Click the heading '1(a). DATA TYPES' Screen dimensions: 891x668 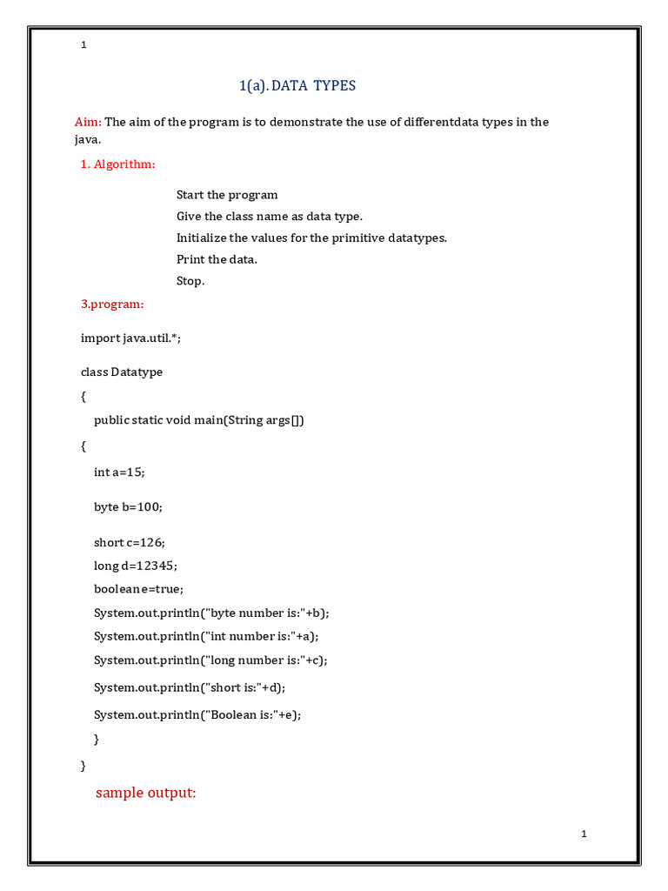coord(297,85)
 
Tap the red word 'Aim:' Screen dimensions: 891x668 coord(88,122)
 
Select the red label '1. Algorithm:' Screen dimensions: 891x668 coord(118,164)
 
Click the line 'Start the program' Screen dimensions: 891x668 coord(227,195)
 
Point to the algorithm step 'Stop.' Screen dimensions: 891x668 coord(190,281)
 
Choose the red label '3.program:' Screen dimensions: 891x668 coord(112,304)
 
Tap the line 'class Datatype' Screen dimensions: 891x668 coord(122,372)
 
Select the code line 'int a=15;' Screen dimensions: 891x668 coord(119,472)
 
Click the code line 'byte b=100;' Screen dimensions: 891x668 coord(128,506)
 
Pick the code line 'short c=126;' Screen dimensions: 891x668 coord(129,542)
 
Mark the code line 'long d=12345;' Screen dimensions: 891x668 coord(136,566)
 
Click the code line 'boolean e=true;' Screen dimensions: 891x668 coord(138,589)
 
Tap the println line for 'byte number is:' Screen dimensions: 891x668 coord(212,613)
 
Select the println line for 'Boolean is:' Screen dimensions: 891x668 coord(202,714)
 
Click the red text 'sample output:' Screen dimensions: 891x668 coord(146,793)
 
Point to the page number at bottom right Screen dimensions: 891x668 coord(584,834)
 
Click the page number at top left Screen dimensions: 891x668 coord(83,45)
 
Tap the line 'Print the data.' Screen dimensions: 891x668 coord(217,259)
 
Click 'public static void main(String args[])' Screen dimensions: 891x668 coord(199,420)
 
